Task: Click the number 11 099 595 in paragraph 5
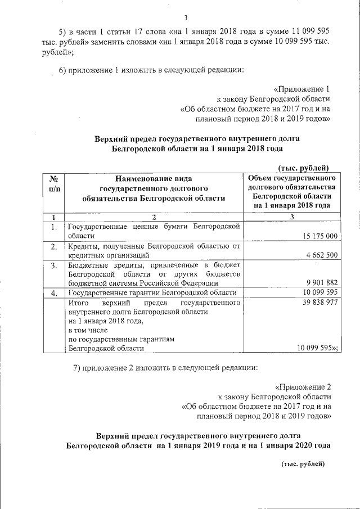[x=311, y=31]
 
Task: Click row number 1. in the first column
[x=54, y=227]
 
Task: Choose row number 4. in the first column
[x=54, y=293]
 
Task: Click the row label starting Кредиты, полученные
[x=154, y=250]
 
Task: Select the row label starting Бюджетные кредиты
[x=154, y=273]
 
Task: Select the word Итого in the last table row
[x=78, y=303]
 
